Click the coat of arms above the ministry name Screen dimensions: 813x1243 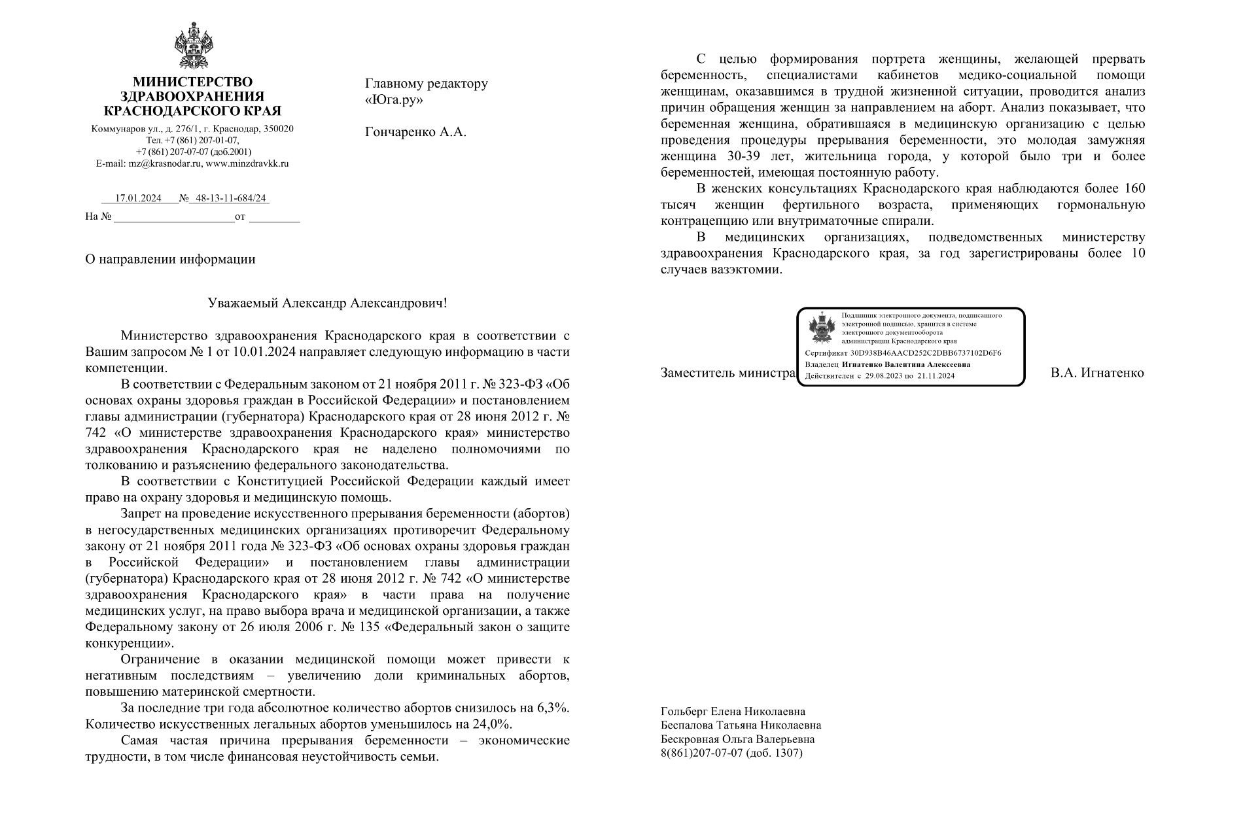(193, 45)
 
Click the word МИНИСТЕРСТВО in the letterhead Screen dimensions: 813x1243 (192, 82)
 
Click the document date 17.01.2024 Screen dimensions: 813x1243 (138, 199)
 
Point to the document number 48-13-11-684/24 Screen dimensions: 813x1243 (232, 199)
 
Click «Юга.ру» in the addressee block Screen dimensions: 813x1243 (394, 100)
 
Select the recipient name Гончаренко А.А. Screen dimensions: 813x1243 (415, 132)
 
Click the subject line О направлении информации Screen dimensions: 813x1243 (170, 259)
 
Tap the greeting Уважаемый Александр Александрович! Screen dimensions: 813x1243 (328, 303)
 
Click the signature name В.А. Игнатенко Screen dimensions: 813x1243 (1097, 373)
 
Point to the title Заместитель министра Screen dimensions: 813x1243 (727, 373)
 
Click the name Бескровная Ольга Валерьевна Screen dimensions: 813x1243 (738, 740)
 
